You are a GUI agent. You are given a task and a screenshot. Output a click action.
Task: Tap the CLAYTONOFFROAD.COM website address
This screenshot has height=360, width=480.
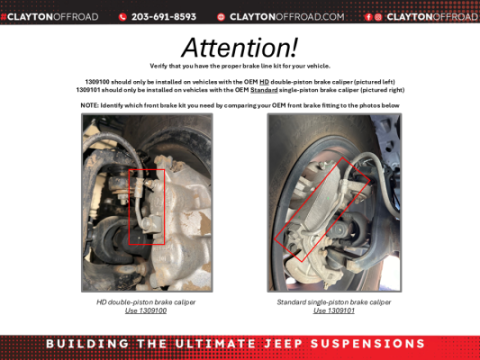point(287,17)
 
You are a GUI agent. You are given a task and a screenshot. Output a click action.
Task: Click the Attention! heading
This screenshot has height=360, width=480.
point(240,47)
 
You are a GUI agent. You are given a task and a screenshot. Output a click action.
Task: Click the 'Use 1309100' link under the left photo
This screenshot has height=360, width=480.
point(146,311)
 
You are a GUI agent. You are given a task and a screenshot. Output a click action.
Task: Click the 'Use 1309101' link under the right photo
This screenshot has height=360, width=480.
point(334,311)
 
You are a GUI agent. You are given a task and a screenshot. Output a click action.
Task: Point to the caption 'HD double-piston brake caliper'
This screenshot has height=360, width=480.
point(146,302)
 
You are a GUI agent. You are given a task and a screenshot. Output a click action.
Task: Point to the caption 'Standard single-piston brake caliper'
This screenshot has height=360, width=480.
point(334,302)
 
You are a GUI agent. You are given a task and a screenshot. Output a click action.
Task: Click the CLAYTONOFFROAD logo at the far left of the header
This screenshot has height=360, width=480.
point(48,17)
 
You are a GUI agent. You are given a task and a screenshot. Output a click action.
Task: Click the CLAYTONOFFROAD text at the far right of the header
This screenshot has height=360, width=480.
point(432,17)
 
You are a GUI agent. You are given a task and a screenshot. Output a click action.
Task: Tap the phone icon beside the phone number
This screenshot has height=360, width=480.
point(123,17)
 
